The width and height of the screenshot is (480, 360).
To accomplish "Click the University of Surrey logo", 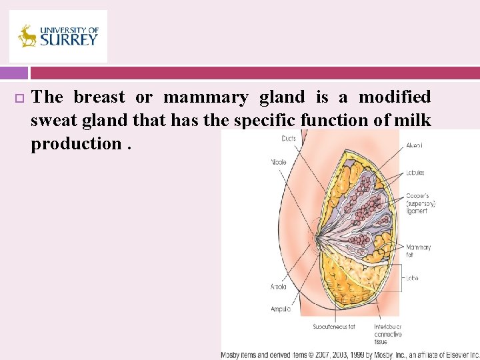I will tap(58, 36).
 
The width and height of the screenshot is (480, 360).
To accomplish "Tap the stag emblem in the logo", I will tap(28, 36).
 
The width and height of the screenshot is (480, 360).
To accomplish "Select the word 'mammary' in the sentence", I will tap(205, 97).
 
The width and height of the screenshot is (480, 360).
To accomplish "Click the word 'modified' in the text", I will tap(395, 97).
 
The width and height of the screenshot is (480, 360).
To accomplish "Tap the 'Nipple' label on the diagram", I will tap(279, 161).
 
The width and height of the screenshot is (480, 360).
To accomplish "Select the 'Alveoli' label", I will tap(415, 145).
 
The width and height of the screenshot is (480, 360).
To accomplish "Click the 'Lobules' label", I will tap(415, 173).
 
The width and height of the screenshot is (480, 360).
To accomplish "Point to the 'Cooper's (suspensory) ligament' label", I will tap(421, 203).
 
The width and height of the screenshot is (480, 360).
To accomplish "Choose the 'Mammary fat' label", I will tap(418, 251).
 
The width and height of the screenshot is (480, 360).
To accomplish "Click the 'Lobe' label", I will tap(412, 278).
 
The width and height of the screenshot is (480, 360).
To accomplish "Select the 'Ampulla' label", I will tap(280, 309).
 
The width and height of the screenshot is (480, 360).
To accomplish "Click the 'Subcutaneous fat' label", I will tap(334, 327).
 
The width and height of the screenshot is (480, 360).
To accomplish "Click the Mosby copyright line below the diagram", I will tap(350, 354).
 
